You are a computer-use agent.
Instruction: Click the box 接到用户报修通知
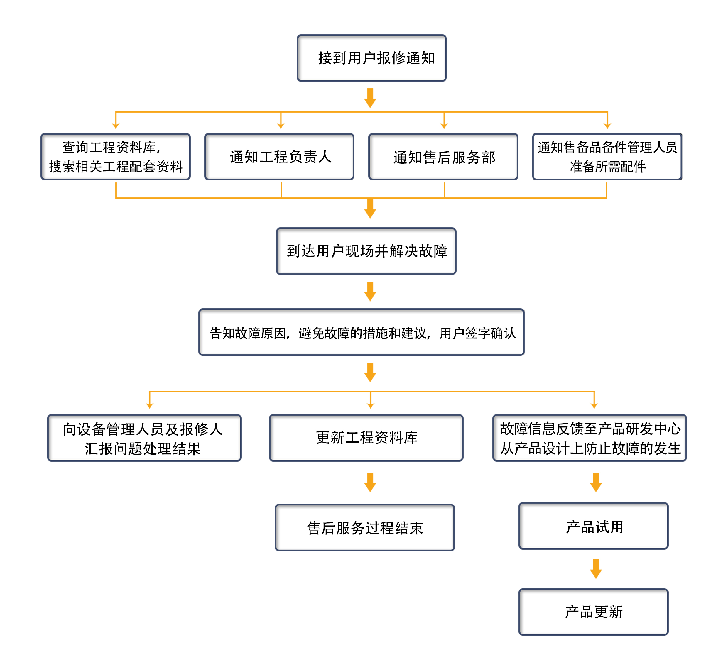(x=371, y=58)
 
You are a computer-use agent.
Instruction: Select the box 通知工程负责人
(x=279, y=157)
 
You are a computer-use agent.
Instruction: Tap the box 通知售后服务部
(x=443, y=157)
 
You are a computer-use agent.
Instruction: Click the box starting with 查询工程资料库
(x=116, y=157)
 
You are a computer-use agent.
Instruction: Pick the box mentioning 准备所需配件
(x=607, y=157)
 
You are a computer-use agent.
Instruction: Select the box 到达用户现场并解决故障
(x=366, y=251)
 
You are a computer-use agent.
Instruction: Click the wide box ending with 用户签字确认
(x=362, y=332)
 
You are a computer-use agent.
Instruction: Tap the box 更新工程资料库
(x=366, y=438)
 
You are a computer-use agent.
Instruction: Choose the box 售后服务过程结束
(x=365, y=528)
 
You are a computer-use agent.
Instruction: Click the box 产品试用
(x=593, y=526)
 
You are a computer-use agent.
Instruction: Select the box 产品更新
(x=593, y=612)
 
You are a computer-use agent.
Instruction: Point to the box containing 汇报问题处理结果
(x=144, y=438)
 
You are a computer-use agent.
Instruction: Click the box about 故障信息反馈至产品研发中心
(x=590, y=438)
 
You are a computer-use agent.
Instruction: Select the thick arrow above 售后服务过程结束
(x=370, y=483)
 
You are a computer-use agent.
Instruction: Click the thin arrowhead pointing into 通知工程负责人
(x=281, y=125)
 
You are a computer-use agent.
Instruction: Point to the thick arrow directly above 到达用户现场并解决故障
(x=370, y=209)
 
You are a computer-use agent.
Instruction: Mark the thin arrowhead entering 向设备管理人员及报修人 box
(x=149, y=405)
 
